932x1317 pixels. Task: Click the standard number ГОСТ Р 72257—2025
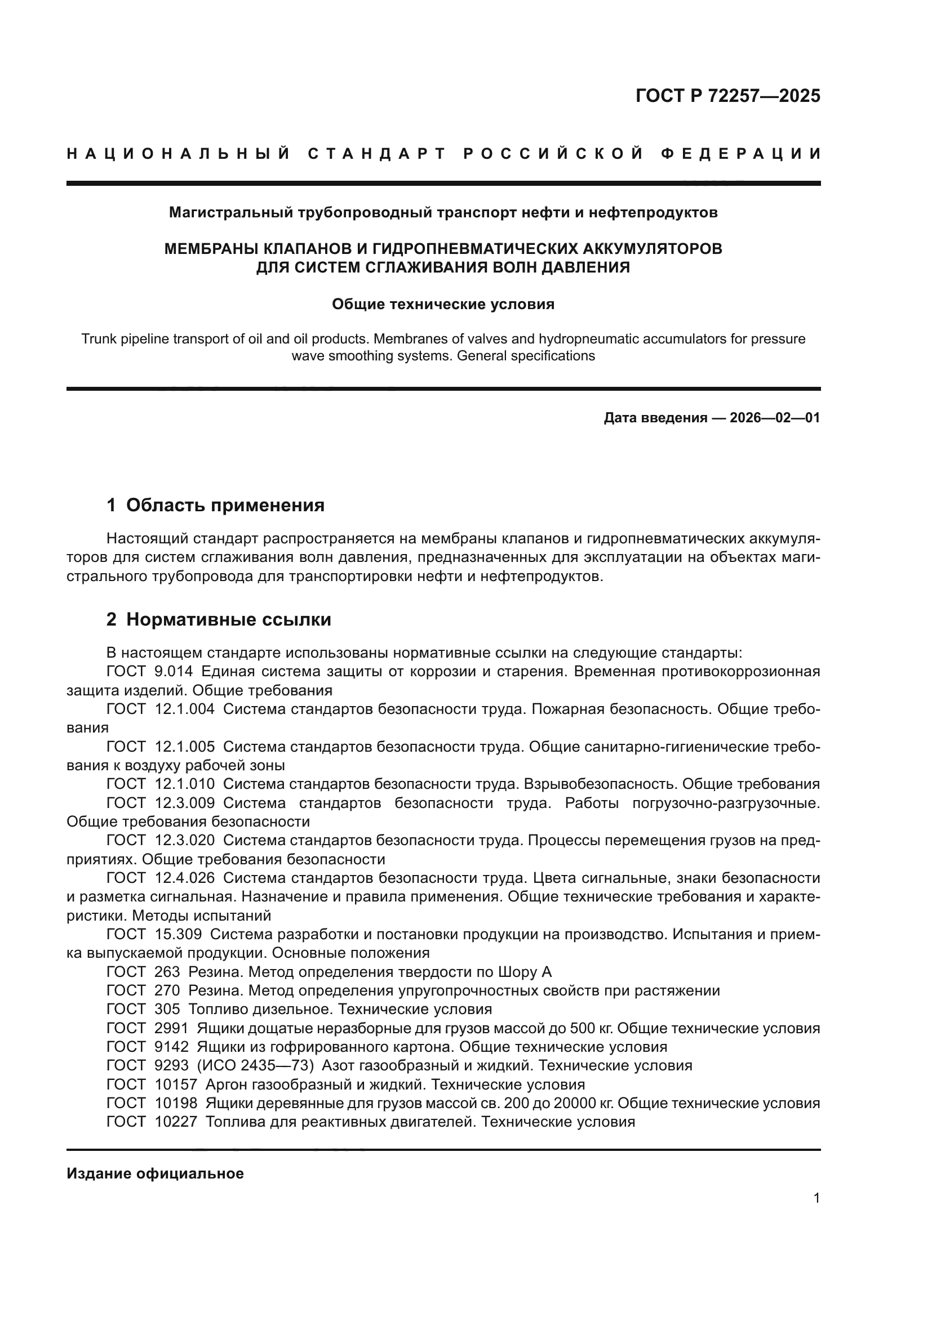[x=727, y=96]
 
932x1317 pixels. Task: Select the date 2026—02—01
[x=774, y=418]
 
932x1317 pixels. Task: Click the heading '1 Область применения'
[x=216, y=505]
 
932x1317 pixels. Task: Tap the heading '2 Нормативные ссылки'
[x=219, y=619]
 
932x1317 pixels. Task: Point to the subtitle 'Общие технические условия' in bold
[x=443, y=304]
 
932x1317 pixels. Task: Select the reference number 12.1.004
[x=185, y=709]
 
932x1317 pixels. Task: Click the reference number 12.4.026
[x=185, y=878]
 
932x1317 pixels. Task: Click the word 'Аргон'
[x=225, y=1084]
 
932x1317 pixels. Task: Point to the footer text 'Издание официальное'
[x=155, y=1173]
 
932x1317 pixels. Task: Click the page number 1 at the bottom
[x=816, y=1214]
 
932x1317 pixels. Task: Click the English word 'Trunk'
[x=97, y=339]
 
